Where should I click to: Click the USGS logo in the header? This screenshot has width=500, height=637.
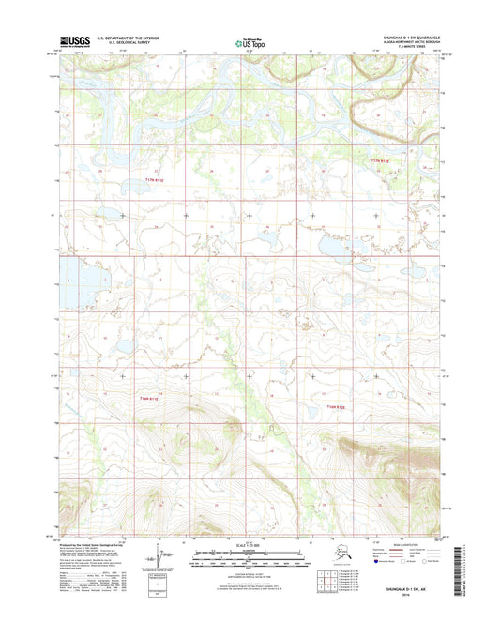[x=77, y=41]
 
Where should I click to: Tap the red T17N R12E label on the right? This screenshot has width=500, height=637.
[x=377, y=161]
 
